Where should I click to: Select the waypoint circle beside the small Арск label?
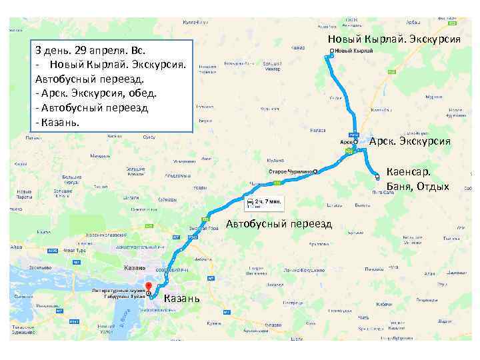(356, 142)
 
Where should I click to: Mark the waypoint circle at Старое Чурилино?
(315, 172)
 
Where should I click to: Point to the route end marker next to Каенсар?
(377, 177)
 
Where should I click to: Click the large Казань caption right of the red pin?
(181, 298)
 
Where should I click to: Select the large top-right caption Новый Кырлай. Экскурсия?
(394, 39)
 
